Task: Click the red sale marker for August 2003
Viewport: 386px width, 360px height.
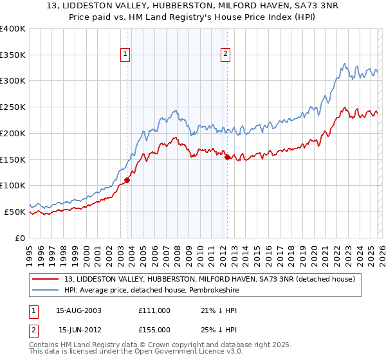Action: (x=127, y=180)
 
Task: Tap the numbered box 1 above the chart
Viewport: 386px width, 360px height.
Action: (x=125, y=55)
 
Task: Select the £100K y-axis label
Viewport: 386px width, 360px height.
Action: (x=13, y=185)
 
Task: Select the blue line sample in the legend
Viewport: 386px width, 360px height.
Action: (x=46, y=290)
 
